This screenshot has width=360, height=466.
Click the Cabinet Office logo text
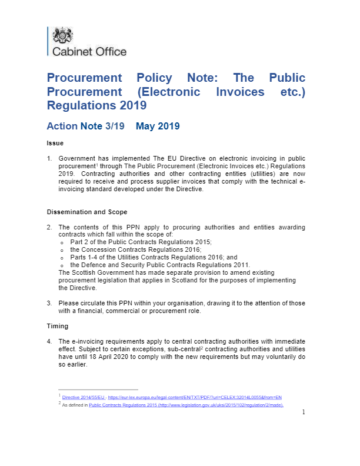pyautogui.click(x=89, y=52)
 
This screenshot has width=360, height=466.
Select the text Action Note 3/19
pyautogui.click(x=85, y=127)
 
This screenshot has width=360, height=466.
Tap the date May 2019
pyautogui.click(x=157, y=127)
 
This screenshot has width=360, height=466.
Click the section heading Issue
pyautogui.click(x=55, y=143)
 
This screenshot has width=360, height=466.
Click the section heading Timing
pyautogui.click(x=58, y=326)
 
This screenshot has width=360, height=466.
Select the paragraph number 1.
pyautogui.click(x=49, y=158)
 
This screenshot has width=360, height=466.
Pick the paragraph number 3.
pyautogui.click(x=49, y=303)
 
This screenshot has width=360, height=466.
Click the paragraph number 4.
pyautogui.click(x=49, y=341)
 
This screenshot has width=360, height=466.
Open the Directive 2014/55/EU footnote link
pyautogui.click(x=79, y=398)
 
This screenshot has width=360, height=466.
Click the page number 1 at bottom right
pyautogui.click(x=304, y=412)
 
